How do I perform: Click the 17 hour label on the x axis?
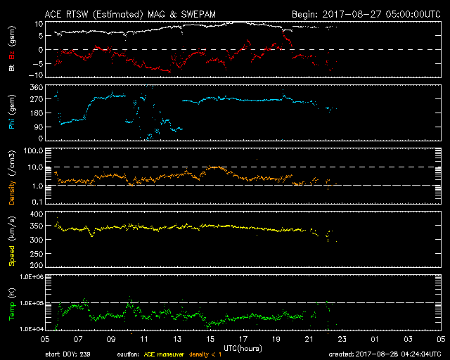(243, 340)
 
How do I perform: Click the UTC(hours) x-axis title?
(243, 347)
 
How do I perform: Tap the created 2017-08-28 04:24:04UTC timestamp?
(384, 354)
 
